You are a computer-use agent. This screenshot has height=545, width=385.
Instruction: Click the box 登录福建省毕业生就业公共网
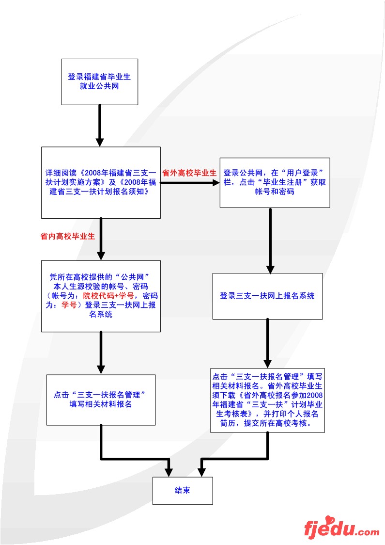100,81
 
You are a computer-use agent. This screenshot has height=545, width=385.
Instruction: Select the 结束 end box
183,490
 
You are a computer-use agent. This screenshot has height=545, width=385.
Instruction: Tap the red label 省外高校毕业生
189,173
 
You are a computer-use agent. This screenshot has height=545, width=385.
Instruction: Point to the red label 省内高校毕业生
67,237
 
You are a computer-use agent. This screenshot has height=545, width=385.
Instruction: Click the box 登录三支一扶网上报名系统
267,296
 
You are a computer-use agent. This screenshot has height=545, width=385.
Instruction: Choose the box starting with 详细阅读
101,182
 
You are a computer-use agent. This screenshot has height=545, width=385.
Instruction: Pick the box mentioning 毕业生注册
275,182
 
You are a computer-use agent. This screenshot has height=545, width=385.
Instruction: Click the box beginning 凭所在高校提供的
101,296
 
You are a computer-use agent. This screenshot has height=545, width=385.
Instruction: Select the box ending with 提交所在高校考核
267,400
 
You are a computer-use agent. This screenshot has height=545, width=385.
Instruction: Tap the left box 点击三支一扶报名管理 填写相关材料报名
101,400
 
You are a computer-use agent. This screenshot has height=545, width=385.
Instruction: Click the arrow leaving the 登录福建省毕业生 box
100,125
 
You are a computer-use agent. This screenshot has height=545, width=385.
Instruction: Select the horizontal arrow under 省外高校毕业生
190,183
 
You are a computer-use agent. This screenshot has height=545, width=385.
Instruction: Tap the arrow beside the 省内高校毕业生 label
101,239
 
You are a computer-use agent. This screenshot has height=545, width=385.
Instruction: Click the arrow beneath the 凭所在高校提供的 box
101,353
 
